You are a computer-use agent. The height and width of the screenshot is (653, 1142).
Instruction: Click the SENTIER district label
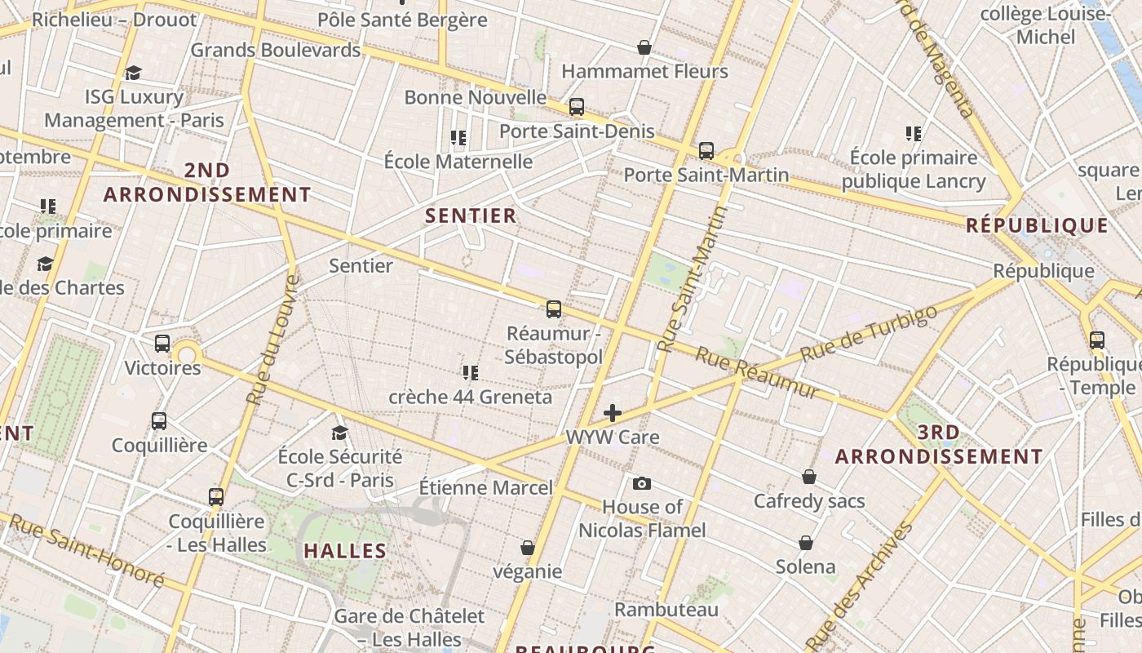(471, 215)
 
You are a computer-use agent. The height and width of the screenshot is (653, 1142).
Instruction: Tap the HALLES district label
(345, 550)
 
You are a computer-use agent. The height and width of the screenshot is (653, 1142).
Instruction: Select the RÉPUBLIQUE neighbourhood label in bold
(1038, 225)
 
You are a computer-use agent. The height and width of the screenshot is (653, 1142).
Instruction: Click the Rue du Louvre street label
(272, 340)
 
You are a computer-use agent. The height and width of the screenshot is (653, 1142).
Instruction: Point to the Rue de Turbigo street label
(869, 334)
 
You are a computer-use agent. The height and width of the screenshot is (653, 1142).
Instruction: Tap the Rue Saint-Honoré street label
(86, 550)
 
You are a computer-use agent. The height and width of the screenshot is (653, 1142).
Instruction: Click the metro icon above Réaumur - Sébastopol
(554, 309)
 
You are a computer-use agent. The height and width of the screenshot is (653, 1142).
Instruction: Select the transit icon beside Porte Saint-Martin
(706, 151)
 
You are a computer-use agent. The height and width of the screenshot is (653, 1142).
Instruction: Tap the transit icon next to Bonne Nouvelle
(577, 107)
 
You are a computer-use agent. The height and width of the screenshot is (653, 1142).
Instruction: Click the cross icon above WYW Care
(613, 413)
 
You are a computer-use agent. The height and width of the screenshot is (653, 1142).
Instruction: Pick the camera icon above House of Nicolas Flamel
(642, 483)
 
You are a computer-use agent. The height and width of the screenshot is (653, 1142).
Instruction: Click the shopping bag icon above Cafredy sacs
(809, 477)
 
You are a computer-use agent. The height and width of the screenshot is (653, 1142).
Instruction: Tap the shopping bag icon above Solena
(806, 543)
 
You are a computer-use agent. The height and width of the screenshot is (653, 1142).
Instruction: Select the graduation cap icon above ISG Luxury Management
(134, 73)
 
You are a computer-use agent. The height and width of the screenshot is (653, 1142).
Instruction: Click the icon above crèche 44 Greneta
(470, 373)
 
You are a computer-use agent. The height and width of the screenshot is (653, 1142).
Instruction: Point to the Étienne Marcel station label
(486, 488)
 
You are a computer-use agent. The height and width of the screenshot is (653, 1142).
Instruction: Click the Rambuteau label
(666, 610)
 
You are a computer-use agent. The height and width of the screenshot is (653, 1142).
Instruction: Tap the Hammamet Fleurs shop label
(644, 71)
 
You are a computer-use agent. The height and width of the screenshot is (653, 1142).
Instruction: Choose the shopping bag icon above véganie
(528, 547)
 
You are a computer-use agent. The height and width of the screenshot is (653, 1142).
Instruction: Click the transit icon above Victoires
(162, 344)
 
